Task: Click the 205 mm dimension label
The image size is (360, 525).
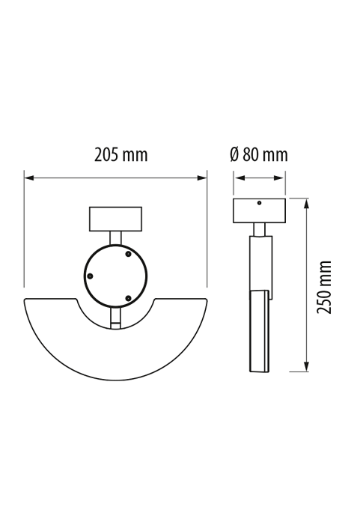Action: (x=120, y=155)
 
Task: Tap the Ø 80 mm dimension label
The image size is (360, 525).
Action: (x=259, y=155)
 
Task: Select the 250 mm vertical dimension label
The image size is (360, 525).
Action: (x=324, y=287)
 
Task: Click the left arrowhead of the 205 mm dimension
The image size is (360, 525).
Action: (x=29, y=177)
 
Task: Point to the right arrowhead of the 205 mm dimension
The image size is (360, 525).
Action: (x=202, y=177)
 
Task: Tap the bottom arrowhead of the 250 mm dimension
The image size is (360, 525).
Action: (x=306, y=366)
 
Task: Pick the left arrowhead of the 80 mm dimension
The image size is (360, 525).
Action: (x=239, y=177)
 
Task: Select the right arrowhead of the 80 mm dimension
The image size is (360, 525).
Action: (x=279, y=177)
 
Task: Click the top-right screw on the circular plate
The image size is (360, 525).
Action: (x=128, y=254)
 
